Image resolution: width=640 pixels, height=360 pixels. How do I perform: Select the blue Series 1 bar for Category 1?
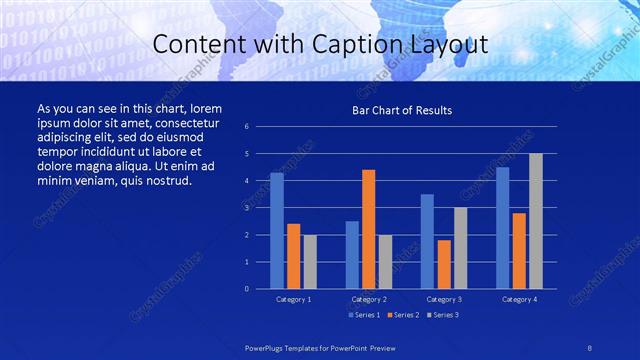coord(277,231)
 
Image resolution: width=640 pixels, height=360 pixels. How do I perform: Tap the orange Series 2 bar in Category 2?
coord(369,229)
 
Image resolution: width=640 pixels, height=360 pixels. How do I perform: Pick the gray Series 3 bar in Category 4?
coord(536,221)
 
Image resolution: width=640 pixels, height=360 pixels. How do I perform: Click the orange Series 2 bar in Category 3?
coord(444,264)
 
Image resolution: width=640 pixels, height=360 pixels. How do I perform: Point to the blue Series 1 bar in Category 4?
coord(503,228)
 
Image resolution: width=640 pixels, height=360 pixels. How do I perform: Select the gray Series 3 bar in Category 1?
coord(310,262)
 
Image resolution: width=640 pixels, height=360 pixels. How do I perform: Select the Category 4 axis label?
coord(518,299)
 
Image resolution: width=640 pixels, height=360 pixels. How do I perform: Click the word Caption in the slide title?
coord(370,45)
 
